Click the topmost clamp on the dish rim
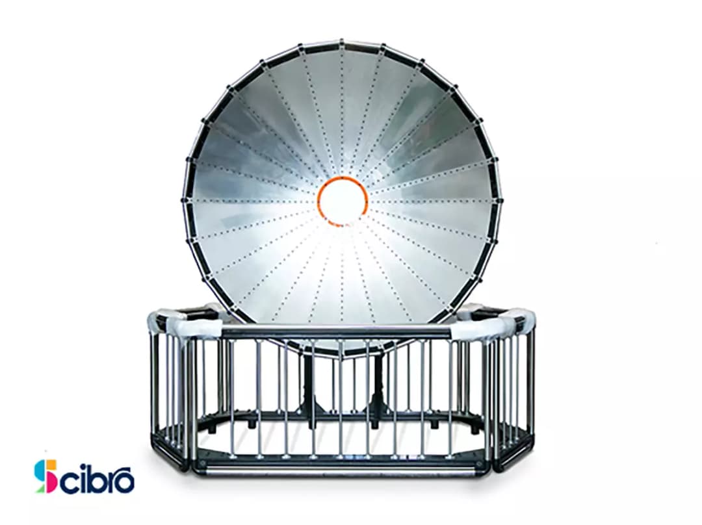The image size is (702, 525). pos(342,43)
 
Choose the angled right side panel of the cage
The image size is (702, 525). pos(513,390)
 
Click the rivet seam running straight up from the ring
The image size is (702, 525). pos(342,110)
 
